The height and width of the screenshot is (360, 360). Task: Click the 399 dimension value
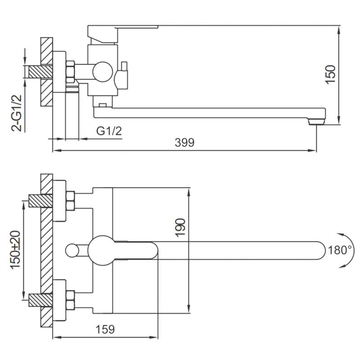[x=184, y=143]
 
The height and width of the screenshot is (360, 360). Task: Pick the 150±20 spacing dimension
[x=16, y=250]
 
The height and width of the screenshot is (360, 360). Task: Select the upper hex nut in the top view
[x=70, y=202]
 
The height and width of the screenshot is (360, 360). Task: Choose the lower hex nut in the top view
[x=70, y=301]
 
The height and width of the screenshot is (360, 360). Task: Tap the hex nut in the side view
[x=70, y=72]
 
